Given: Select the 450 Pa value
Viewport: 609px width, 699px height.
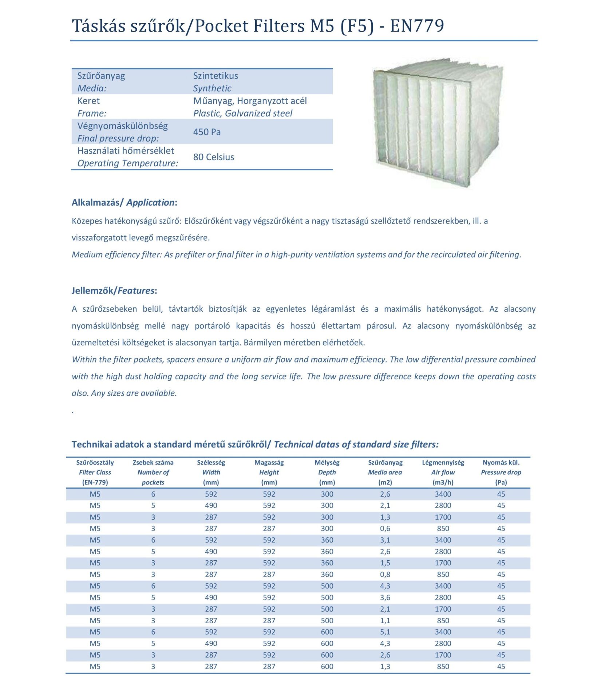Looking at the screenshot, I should tap(207, 132).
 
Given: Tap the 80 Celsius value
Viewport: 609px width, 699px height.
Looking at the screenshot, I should tap(213, 157).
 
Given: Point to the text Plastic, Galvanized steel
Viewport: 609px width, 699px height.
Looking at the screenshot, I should tap(242, 113).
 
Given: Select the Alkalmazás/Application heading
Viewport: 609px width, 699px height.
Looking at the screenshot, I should tap(124, 202).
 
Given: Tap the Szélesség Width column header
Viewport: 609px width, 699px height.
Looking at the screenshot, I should tap(211, 472).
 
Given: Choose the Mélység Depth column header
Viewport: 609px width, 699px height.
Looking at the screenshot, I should tap(327, 472).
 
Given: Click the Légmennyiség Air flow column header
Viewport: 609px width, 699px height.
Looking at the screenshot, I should tap(443, 472).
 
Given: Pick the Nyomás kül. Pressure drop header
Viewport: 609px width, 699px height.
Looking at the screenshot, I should tap(501, 472).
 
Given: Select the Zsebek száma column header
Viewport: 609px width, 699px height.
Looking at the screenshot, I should tap(153, 472).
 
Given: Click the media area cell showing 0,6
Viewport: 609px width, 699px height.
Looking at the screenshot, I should tap(385, 529).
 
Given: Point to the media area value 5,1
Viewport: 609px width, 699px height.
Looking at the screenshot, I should tap(385, 632).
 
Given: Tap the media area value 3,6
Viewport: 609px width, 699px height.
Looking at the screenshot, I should tap(385, 597).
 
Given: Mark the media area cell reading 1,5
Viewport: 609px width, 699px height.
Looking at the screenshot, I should tap(385, 563).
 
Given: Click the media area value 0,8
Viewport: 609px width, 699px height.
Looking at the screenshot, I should tap(385, 574).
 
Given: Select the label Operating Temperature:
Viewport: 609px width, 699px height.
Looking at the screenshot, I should tap(128, 163).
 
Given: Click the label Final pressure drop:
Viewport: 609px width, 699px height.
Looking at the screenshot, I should tap(118, 138).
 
